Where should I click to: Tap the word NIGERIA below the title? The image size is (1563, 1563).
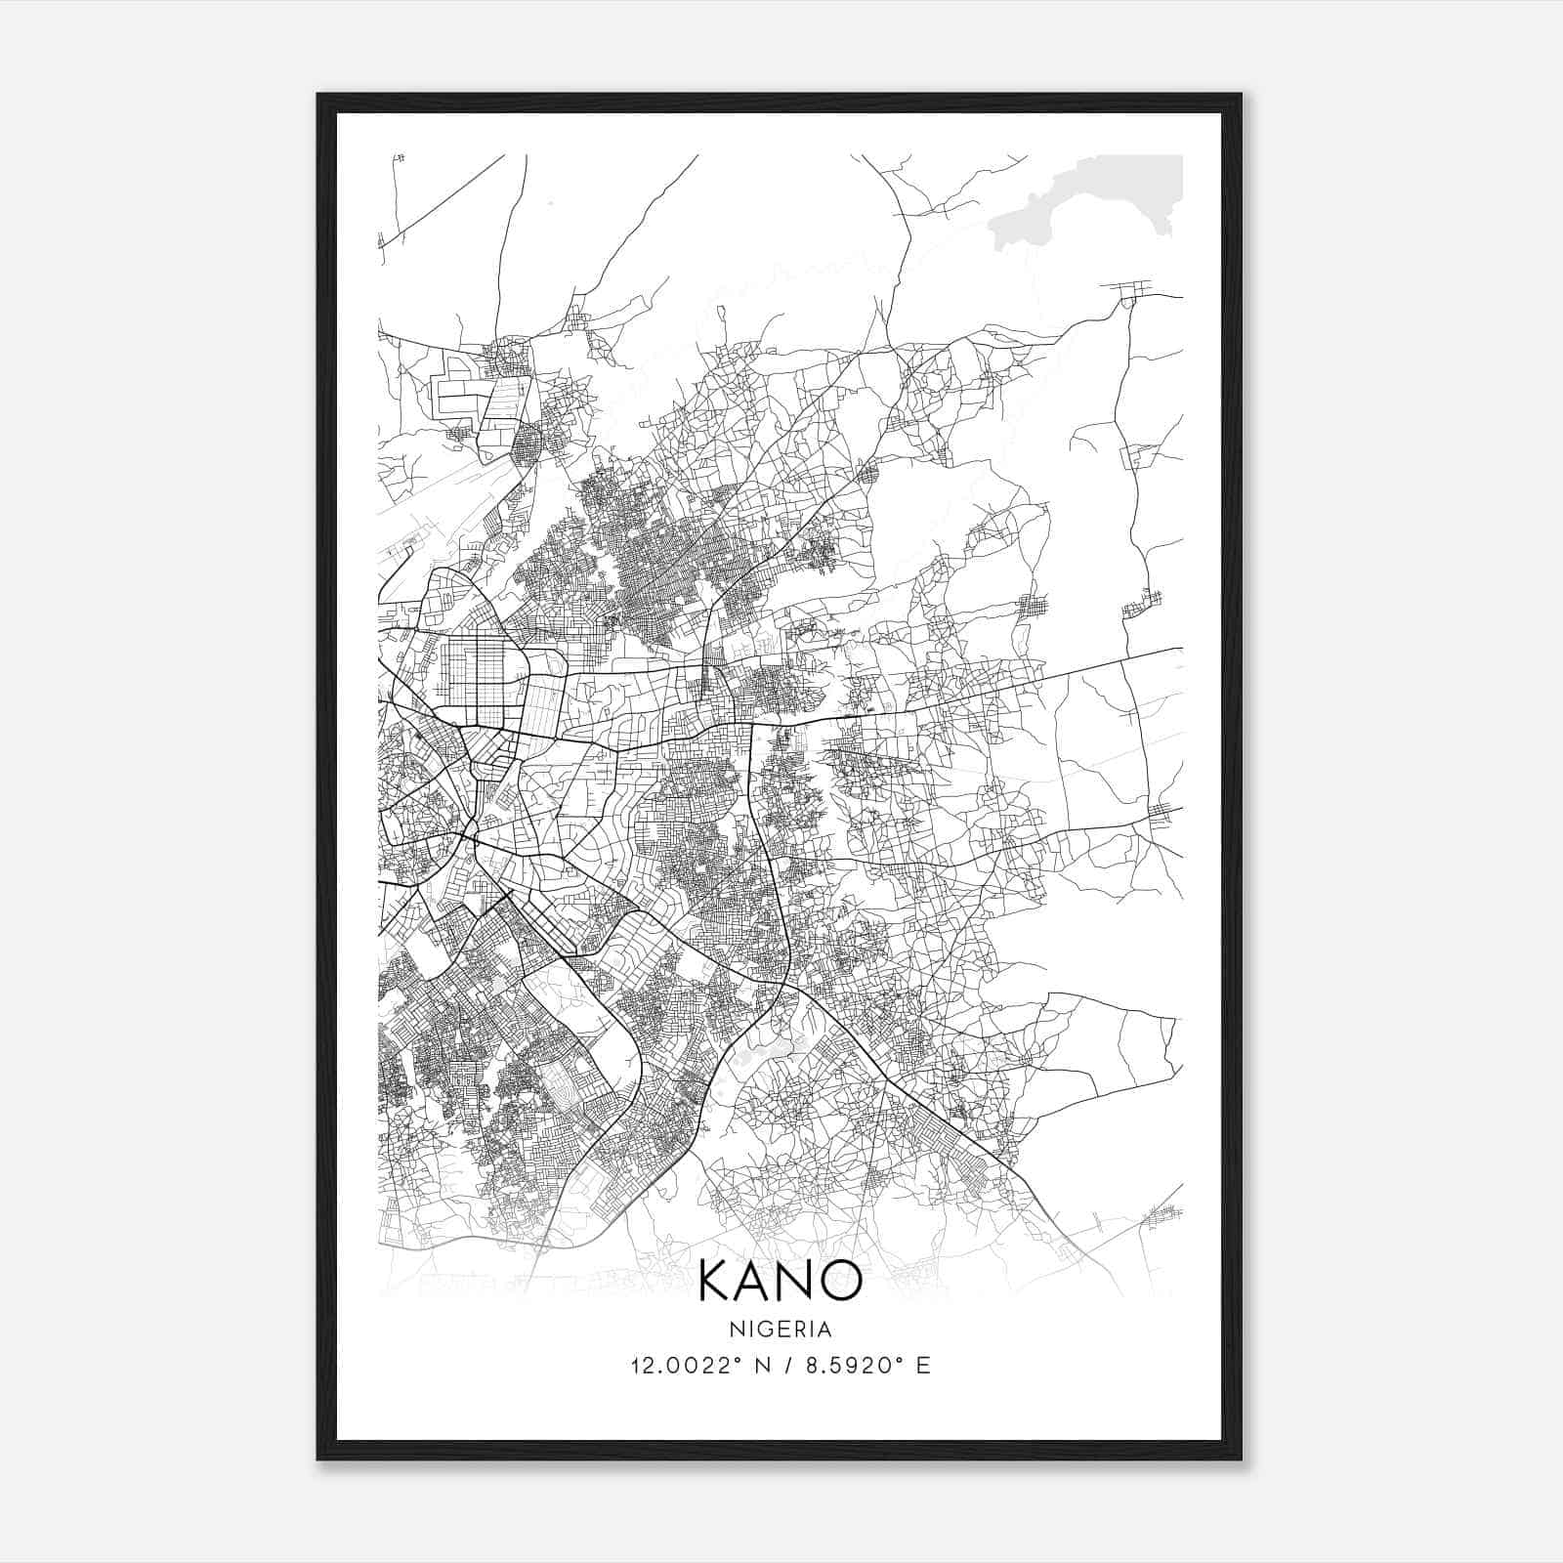[x=781, y=1330]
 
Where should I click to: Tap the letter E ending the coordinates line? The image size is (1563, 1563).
[x=922, y=1366]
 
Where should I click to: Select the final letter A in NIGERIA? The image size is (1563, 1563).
[x=824, y=1330]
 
